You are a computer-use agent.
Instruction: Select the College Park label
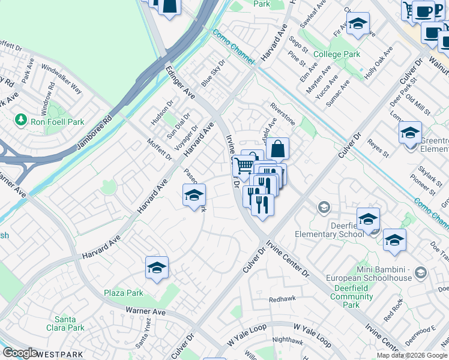pyautogui.click(x=337, y=54)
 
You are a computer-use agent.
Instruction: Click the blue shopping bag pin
pyautogui.click(x=277, y=149)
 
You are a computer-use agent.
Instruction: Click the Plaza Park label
pyautogui.click(x=124, y=293)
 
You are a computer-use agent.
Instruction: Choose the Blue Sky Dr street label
pyautogui.click(x=213, y=73)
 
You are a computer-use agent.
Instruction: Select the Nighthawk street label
pyautogui.click(x=283, y=340)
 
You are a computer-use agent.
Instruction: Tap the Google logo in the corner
pyautogui.click(x=20, y=353)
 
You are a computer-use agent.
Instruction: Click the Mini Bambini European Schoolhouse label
pyautogui.click(x=369, y=274)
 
